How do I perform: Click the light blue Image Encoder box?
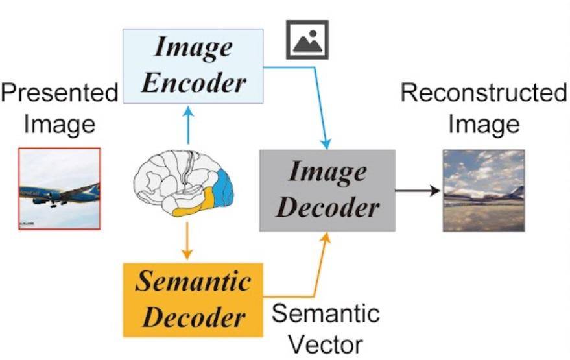pos(193,66)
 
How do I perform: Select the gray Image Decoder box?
pos(327,191)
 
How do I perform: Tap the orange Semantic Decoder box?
pos(193,300)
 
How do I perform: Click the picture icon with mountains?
pos(307,40)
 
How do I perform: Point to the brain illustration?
pos(184,184)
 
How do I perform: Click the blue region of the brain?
pos(224,189)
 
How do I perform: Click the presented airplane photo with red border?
pos(60,188)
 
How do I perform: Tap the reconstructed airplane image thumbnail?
pos(484,191)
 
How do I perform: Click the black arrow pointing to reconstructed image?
pos(418,190)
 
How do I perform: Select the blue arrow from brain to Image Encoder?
pos(188,125)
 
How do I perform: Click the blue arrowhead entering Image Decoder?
pos(326,143)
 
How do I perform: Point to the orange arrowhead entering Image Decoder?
pos(326,238)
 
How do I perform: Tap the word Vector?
pos(326,344)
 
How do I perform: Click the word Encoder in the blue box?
pos(194,83)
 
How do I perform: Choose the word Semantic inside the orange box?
pos(193,281)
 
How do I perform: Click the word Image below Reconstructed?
pos(484,125)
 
